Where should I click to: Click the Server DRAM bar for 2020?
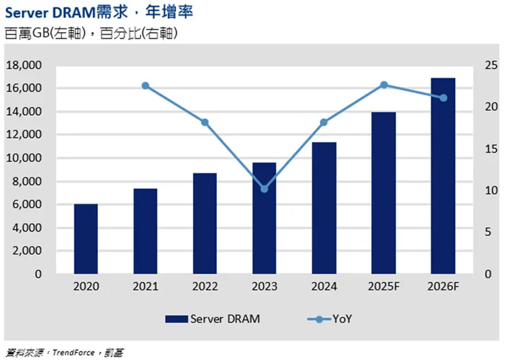[x=86, y=239]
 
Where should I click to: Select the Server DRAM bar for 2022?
[x=205, y=223]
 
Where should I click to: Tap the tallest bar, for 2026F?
[x=442, y=176]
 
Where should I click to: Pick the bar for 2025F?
[x=384, y=193]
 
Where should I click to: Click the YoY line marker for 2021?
[x=145, y=86]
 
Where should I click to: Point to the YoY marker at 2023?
[x=265, y=188]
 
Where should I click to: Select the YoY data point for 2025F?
[x=384, y=85]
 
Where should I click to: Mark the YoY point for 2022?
[x=205, y=122]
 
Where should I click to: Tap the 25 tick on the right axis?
[x=490, y=65]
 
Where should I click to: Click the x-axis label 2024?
[x=323, y=287]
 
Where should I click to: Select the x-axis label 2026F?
[x=442, y=287]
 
